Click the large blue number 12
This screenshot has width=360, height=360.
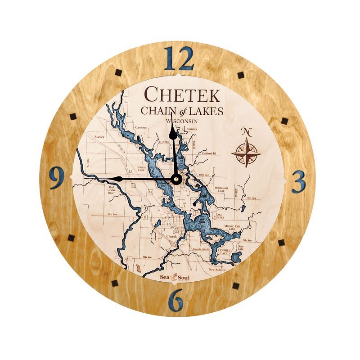pos(179,58)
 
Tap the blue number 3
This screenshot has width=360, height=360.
pos(299,181)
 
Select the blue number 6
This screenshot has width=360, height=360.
pos(177,299)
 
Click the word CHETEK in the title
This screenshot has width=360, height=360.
pos(182,95)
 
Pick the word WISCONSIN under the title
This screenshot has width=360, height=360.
pos(182,121)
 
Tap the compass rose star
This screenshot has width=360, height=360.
pos(246,153)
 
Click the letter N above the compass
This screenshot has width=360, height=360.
pos(246,131)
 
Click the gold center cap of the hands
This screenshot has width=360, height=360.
pos(176,179)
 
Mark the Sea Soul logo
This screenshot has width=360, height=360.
pos(175,277)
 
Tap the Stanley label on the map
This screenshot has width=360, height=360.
pos(99,137)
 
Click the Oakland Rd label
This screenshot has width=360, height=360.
pos(209,153)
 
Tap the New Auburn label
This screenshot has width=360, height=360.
pos(217,270)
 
